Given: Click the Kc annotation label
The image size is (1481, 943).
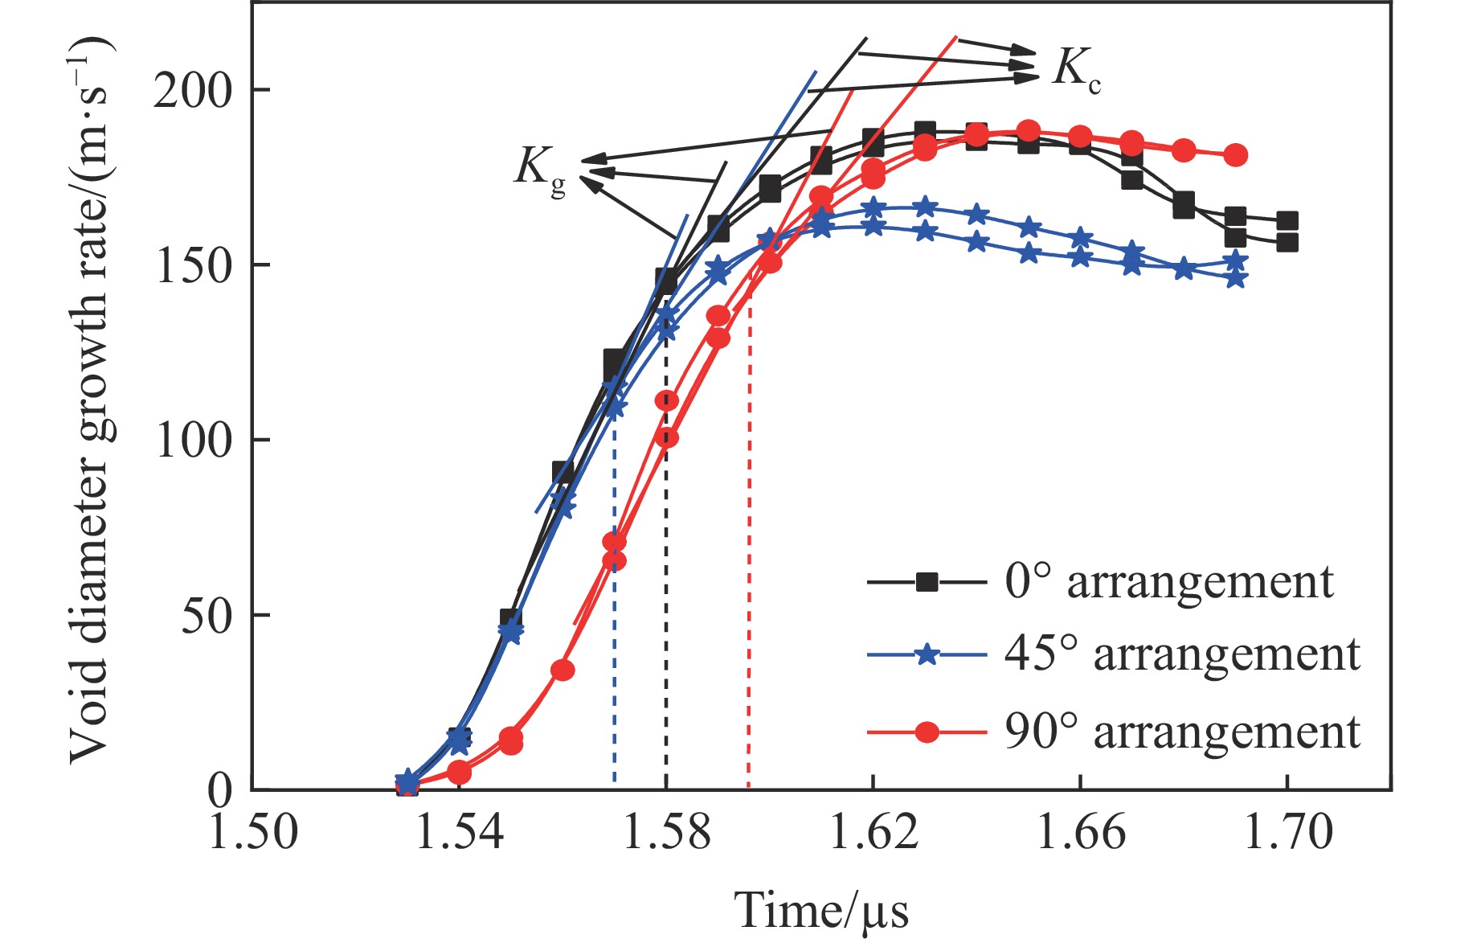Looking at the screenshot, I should [1077, 69].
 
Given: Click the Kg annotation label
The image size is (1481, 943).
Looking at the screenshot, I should [540, 170].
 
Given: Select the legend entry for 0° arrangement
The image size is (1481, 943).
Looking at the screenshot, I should [1168, 581].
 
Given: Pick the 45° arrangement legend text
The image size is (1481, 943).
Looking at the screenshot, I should [1181, 654].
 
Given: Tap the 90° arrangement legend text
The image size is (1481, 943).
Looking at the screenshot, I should [1181, 732].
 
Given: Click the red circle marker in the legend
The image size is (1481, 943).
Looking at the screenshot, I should [927, 732].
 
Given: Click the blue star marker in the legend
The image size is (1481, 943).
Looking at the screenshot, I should [927, 655].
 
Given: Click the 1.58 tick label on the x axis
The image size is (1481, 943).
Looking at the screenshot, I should [666, 833].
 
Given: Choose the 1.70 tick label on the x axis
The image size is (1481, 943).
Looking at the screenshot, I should [1287, 833].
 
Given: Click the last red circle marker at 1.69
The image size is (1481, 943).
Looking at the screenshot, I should [1236, 155].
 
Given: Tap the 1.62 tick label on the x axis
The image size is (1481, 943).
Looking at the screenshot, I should [873, 833].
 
